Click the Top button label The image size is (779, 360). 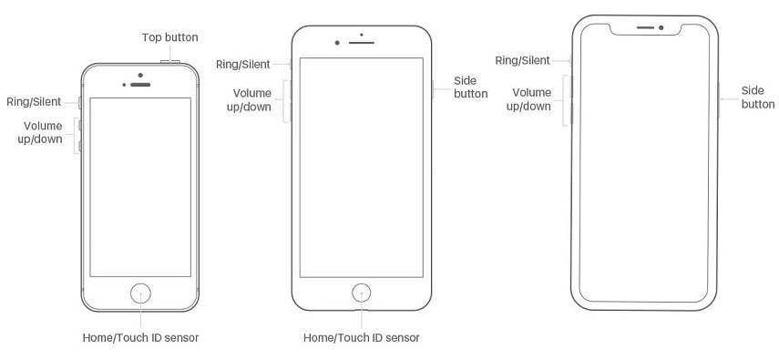pos(169,37)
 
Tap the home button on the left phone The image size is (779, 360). pos(141,293)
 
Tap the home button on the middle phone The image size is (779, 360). pos(363,293)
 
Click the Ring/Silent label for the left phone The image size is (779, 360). pos(34,102)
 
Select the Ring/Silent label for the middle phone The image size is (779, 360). pos(243,64)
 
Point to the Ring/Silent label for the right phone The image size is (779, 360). pos(522,60)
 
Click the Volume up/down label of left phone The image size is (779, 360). pos(43,132)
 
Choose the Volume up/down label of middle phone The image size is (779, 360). pos(251,100)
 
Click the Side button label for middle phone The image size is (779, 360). pos(471,87)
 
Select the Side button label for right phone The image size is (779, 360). pos(757,98)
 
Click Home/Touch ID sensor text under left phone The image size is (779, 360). pos(141,337)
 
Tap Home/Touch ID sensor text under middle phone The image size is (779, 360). pos(362,337)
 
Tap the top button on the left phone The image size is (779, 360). pos(170,62)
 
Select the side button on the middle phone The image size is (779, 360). pos(433,88)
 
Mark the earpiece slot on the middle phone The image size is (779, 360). pos(362,43)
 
